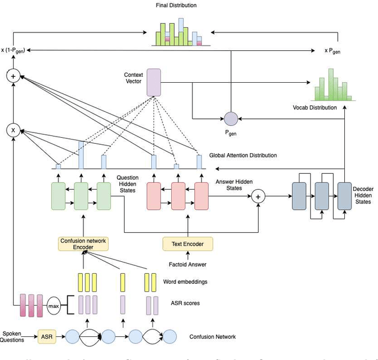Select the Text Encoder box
tap(188, 243)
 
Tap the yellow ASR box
tap(47, 337)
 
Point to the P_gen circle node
tap(230, 119)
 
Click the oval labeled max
tap(54, 305)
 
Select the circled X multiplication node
tap(12, 129)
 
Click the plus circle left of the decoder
tap(258, 196)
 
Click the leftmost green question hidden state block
tap(58, 196)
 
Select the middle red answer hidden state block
tap(178, 196)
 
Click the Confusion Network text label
tap(212, 337)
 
